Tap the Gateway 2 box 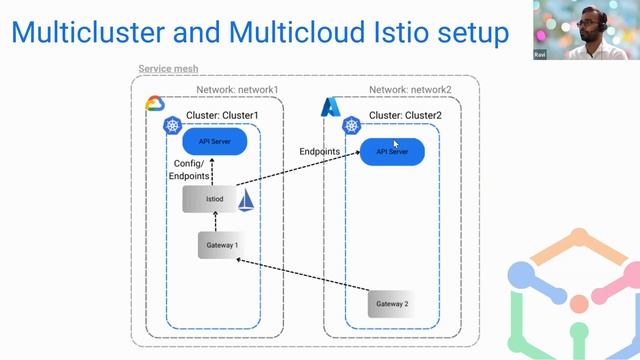391,303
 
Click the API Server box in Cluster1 214,142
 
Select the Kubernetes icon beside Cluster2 352,126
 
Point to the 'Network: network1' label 237,90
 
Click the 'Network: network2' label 410,90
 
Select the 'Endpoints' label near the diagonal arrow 320,151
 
